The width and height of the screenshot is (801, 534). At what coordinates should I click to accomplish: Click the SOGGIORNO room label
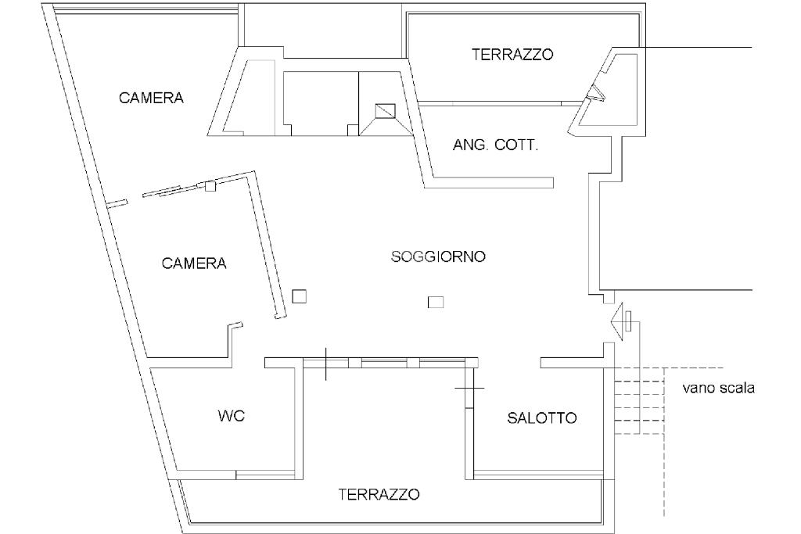(438, 256)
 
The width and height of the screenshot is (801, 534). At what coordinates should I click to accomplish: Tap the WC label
(231, 416)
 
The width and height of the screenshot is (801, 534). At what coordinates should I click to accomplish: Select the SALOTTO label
(542, 418)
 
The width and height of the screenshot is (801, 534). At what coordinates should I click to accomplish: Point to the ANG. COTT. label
(495, 145)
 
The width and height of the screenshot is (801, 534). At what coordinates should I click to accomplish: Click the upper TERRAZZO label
(512, 55)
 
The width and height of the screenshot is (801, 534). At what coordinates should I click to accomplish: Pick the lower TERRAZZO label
(379, 495)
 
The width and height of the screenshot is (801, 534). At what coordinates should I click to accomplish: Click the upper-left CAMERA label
(151, 98)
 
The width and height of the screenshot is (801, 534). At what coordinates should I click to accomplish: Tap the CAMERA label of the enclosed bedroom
(194, 263)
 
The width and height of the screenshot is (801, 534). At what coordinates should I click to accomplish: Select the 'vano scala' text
(718, 387)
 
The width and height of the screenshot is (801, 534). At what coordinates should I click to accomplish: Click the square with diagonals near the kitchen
(386, 111)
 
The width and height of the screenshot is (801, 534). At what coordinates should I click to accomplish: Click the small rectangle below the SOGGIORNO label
(436, 303)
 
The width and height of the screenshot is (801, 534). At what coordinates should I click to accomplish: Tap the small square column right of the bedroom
(299, 296)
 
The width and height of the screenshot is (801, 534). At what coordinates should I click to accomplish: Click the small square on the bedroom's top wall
(210, 185)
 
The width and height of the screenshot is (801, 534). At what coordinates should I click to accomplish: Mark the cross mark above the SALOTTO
(469, 388)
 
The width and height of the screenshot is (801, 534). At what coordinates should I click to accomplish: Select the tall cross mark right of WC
(325, 364)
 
